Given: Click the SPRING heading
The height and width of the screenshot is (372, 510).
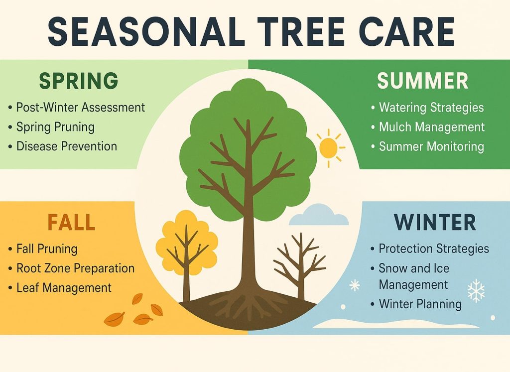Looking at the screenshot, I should pyautogui.click(x=78, y=80).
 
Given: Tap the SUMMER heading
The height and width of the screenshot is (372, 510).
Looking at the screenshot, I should pyautogui.click(x=422, y=80).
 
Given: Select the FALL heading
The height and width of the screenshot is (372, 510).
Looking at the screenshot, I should pyautogui.click(x=71, y=223).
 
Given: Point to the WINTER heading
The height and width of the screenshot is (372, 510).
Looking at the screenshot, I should pyautogui.click(x=435, y=223).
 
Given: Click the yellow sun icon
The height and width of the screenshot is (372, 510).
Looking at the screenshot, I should pyautogui.click(x=329, y=147).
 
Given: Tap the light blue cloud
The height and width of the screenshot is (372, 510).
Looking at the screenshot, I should pyautogui.click(x=319, y=215).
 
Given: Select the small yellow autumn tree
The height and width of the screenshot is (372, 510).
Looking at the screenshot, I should pyautogui.click(x=186, y=244).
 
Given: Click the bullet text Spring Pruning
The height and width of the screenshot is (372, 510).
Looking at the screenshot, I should pyautogui.click(x=55, y=127).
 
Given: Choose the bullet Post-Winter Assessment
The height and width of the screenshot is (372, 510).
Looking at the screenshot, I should pyautogui.click(x=80, y=107).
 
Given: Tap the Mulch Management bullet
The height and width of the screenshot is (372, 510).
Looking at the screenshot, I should pyautogui.click(x=431, y=127).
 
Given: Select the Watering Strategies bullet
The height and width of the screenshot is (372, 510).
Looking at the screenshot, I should pyautogui.click(x=431, y=107).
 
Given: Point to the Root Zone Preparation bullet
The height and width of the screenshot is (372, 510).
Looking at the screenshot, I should pyautogui.click(x=75, y=268).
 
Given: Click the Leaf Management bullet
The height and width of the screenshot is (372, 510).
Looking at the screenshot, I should pyautogui.click(x=64, y=287).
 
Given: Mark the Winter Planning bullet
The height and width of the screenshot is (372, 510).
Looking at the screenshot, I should pyautogui.click(x=420, y=303).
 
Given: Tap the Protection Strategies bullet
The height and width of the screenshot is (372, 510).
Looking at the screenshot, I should pyautogui.click(x=433, y=248).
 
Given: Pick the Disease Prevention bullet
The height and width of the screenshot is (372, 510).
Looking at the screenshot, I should pyautogui.click(x=67, y=146).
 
